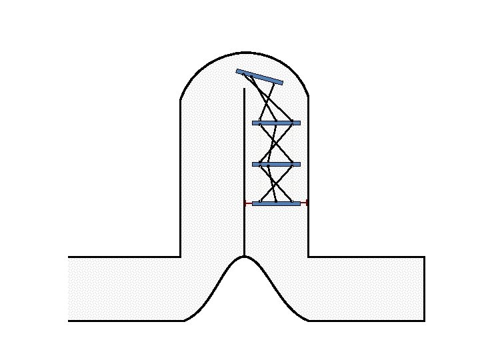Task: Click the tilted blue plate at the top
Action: pos(259,77)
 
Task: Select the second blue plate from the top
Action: pos(276,123)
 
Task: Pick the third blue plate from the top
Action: pos(276,164)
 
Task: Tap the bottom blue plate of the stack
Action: pos(276,203)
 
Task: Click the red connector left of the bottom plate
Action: pos(248,203)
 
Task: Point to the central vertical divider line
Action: pos(245,167)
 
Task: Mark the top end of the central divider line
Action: pos(245,89)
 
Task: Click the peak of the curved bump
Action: pos(245,257)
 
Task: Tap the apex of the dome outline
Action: pos(245,52)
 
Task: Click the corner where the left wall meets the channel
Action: pos(181,257)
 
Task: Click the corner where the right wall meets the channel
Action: pos(308,257)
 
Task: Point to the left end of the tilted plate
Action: pos(237,71)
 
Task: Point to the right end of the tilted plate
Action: pos(282,83)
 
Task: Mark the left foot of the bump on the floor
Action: pos(184,321)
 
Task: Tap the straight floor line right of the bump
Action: pos(367,321)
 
